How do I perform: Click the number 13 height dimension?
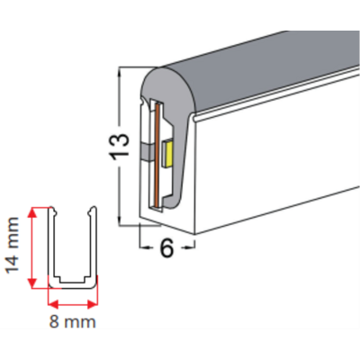tap(120, 147)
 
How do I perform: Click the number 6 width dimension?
tap(166, 247)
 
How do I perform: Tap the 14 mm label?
tap(13, 246)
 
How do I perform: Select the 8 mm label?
tap(73, 322)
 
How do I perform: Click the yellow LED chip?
tap(167, 153)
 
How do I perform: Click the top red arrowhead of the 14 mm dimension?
tap(32, 212)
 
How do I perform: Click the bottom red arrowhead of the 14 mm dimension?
tap(32, 283)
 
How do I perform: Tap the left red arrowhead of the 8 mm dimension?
tap(53, 305)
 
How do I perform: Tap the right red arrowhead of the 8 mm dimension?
tap(93, 305)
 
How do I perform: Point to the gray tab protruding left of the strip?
tap(147, 151)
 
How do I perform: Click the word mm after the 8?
tap(80, 323)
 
